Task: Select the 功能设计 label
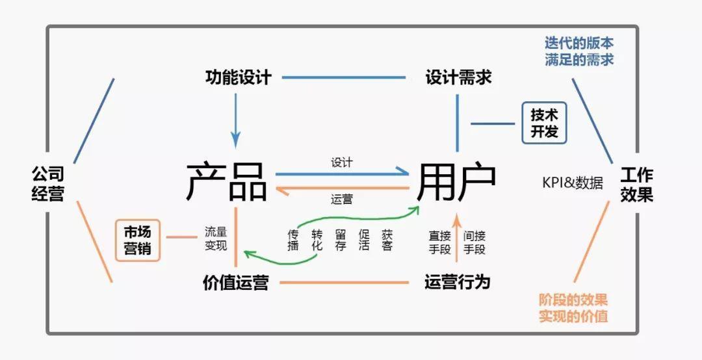click(x=238, y=78)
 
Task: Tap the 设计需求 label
click(x=458, y=78)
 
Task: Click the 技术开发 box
click(x=544, y=123)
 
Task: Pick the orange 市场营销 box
click(x=138, y=239)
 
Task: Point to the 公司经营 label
click(x=48, y=183)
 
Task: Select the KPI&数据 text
click(x=573, y=182)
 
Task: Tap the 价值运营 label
click(x=235, y=283)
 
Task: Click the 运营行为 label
click(x=457, y=282)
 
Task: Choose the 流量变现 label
click(x=216, y=238)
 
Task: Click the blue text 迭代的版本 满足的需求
click(x=579, y=51)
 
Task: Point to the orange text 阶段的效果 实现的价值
click(x=573, y=308)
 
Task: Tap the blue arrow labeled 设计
click(x=341, y=174)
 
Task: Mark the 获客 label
click(x=387, y=240)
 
